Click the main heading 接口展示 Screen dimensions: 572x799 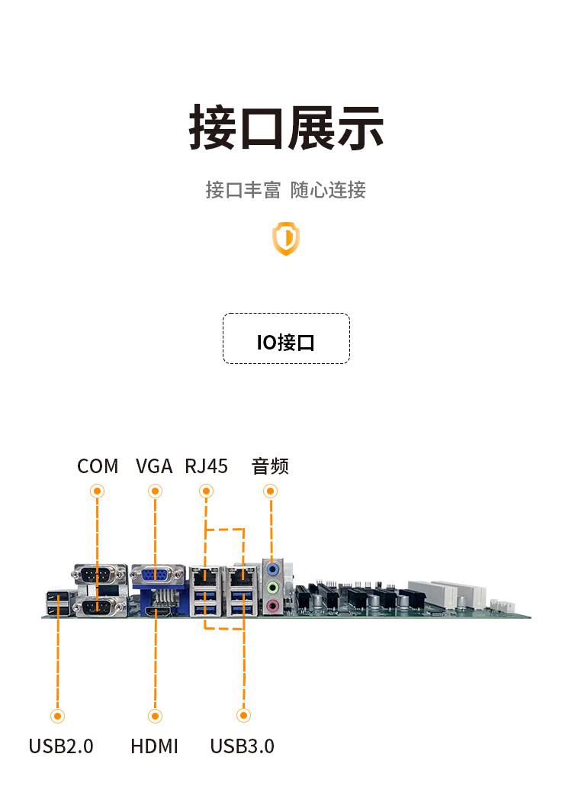point(286,127)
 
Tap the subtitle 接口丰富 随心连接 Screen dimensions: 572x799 point(286,190)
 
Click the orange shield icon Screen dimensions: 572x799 point(286,238)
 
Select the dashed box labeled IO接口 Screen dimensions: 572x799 point(286,338)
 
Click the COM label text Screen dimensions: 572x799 point(98,466)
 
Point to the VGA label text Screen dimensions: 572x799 point(154,466)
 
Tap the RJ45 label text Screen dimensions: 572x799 point(206,466)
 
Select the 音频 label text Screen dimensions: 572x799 point(270,466)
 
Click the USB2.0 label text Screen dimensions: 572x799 point(61,746)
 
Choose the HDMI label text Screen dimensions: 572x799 point(154,746)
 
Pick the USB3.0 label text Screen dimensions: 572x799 point(243,746)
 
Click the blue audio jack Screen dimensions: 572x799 point(273,569)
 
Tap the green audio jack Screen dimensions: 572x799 point(273,588)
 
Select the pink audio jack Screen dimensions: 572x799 point(273,606)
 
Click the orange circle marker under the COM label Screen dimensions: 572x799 point(98,491)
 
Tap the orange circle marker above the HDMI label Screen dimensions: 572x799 point(155,716)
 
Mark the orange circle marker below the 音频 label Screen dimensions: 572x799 point(271,491)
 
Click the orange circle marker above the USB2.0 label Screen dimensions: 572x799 point(57,716)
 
